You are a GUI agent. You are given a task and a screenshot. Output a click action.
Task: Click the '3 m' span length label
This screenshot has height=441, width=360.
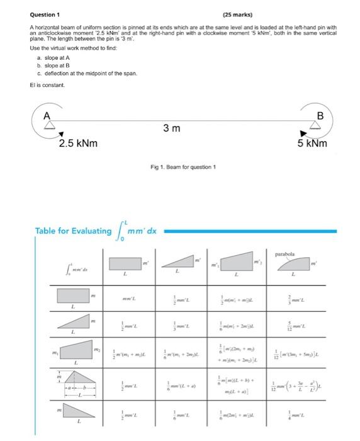(x=172, y=129)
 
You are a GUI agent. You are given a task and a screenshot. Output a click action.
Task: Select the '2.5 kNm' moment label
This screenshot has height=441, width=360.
(x=78, y=144)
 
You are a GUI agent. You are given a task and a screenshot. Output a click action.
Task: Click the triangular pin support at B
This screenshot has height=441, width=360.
(x=318, y=124)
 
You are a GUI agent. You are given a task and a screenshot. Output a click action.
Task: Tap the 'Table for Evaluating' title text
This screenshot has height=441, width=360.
(x=73, y=231)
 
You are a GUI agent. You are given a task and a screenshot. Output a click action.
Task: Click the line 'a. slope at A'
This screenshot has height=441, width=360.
(x=55, y=57)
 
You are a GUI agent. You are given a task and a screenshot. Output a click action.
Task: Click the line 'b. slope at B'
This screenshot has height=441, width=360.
(x=55, y=66)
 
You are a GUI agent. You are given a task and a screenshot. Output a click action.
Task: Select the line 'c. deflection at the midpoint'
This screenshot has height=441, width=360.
(x=83, y=74)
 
